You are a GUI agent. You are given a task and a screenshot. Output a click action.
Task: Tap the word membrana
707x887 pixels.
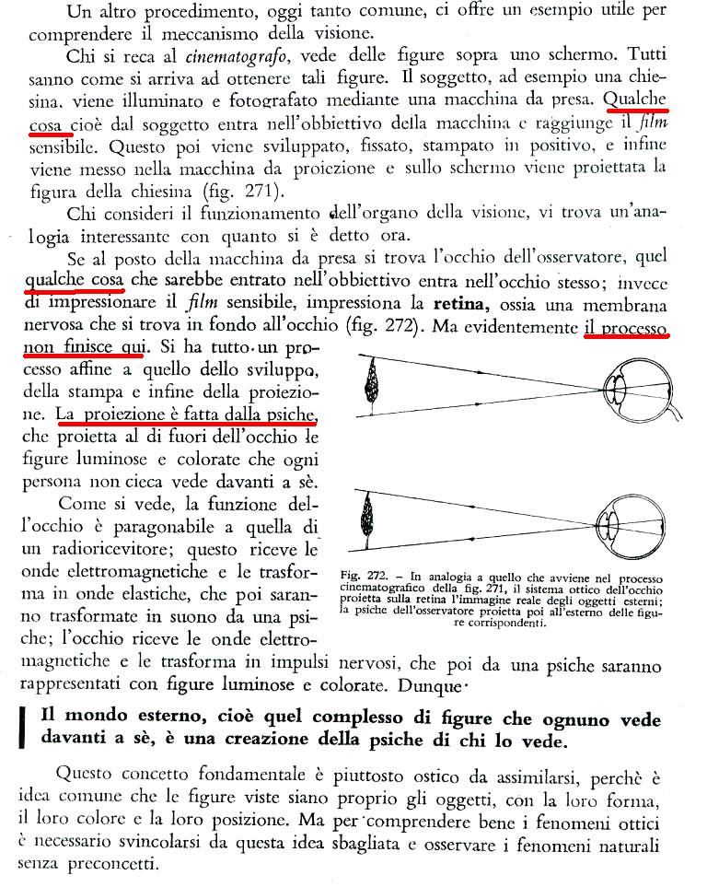pyautogui.click(x=627, y=303)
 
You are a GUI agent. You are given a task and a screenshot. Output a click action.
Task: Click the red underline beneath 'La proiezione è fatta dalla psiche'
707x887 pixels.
pyautogui.click(x=186, y=426)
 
